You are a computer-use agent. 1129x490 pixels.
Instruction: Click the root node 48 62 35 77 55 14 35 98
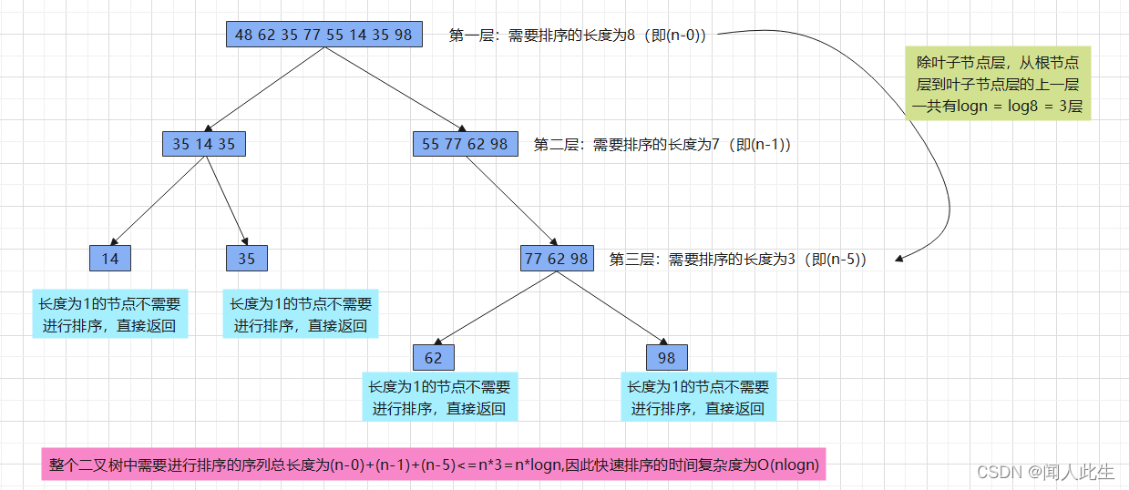[323, 35]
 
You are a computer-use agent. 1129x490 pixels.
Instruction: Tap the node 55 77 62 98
[465, 144]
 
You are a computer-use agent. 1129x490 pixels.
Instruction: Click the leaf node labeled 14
[110, 259]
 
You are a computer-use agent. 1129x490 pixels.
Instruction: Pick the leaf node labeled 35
[246, 259]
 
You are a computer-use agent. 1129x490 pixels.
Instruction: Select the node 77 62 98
[556, 259]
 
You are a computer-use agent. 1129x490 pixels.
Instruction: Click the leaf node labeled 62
[433, 357]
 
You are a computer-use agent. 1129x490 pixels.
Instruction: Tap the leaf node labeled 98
[666, 357]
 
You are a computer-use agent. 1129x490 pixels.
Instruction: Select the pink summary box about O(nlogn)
[433, 466]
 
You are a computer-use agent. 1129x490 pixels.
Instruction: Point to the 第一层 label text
[578, 36]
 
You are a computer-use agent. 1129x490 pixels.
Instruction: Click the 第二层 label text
[662, 144]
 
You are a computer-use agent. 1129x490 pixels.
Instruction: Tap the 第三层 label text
[737, 259]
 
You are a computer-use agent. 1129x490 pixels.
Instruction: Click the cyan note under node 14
[109, 315]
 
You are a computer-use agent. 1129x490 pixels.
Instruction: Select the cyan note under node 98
[698, 397]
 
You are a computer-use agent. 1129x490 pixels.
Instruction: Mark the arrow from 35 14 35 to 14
[161, 200]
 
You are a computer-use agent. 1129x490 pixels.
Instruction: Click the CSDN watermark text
[1045, 472]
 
